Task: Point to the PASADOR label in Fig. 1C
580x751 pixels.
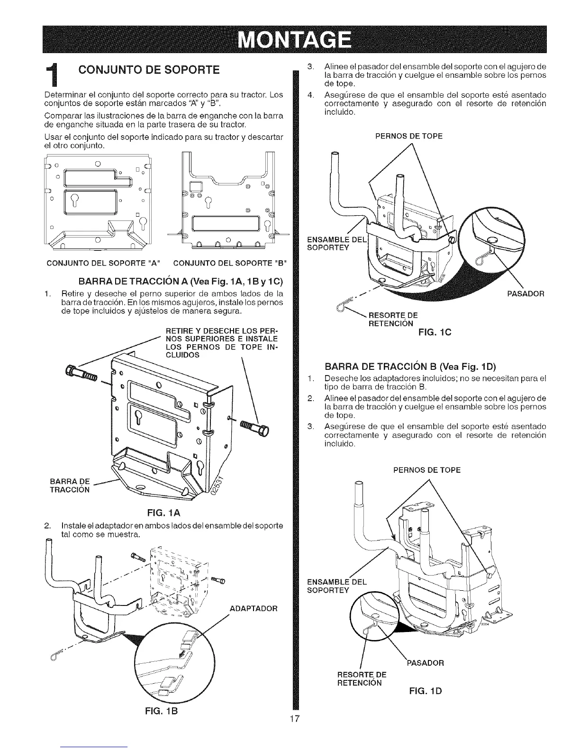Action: coord(526,294)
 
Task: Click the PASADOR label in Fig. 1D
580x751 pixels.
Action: coord(426,663)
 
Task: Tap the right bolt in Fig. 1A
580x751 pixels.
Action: coord(254,427)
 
